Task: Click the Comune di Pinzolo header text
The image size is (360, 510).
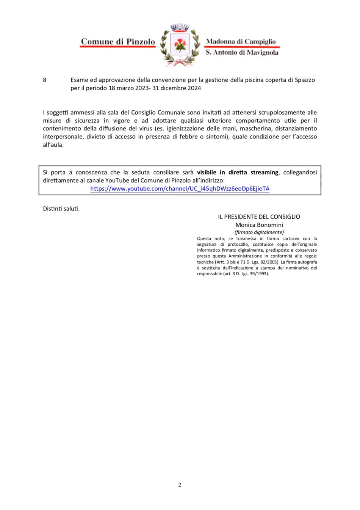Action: pos(118,42)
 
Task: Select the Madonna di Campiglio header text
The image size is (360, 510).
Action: pos(241,41)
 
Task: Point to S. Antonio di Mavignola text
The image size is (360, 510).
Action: pos(242,52)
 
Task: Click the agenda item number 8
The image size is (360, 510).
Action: pos(45,80)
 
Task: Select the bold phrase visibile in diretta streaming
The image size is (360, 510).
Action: pos(238,173)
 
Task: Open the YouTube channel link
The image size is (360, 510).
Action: pos(180,189)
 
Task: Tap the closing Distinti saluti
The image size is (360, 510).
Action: pos(61,209)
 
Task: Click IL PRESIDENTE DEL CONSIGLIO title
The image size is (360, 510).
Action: pos(259,217)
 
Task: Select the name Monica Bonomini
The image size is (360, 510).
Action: pos(259,225)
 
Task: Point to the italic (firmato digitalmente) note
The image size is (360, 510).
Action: pos(259,232)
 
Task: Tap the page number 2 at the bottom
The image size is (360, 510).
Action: pos(180,485)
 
